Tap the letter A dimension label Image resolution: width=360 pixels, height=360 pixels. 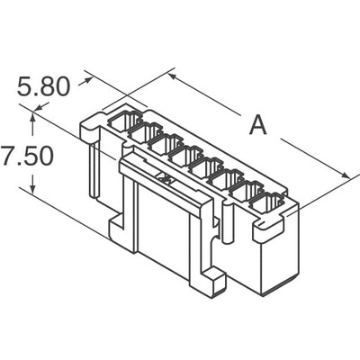[258, 125]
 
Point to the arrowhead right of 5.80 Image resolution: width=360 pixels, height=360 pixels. [88, 80]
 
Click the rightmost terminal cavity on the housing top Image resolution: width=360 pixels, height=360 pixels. [266, 203]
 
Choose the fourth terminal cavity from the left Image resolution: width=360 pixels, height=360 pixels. [187, 157]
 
